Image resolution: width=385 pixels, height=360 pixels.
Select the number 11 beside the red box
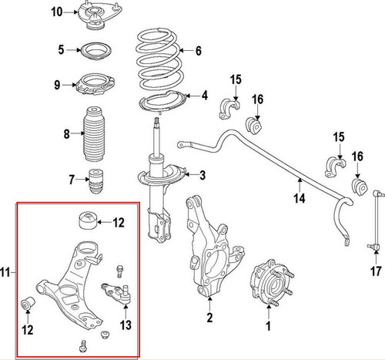point(8,271)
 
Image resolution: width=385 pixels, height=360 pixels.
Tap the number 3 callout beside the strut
point(202,176)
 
